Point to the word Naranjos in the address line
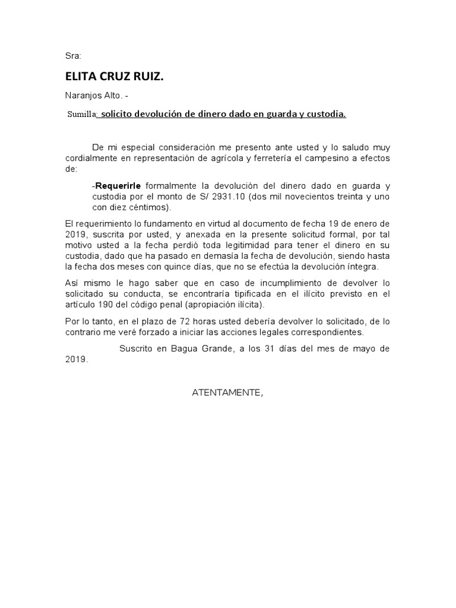[83, 95]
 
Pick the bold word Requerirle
[118, 186]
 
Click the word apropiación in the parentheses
[199, 305]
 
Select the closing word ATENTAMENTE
[226, 392]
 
